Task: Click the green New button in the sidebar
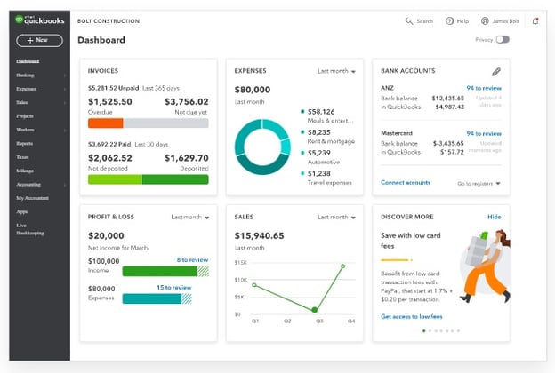point(38,40)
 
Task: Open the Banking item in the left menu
point(26,75)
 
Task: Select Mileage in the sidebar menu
point(27,170)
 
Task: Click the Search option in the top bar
point(419,20)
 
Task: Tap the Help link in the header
point(457,20)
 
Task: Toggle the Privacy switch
point(503,40)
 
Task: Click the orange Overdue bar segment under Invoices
point(105,123)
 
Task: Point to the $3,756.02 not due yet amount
point(187,102)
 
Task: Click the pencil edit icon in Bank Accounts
point(495,71)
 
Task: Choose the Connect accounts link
point(405,183)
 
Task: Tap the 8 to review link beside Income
point(192,259)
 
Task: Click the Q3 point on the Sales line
point(314,310)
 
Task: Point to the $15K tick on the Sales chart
point(240,264)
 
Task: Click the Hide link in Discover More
point(494,217)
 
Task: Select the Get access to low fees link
point(412,316)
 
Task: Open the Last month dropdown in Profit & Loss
point(189,217)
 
